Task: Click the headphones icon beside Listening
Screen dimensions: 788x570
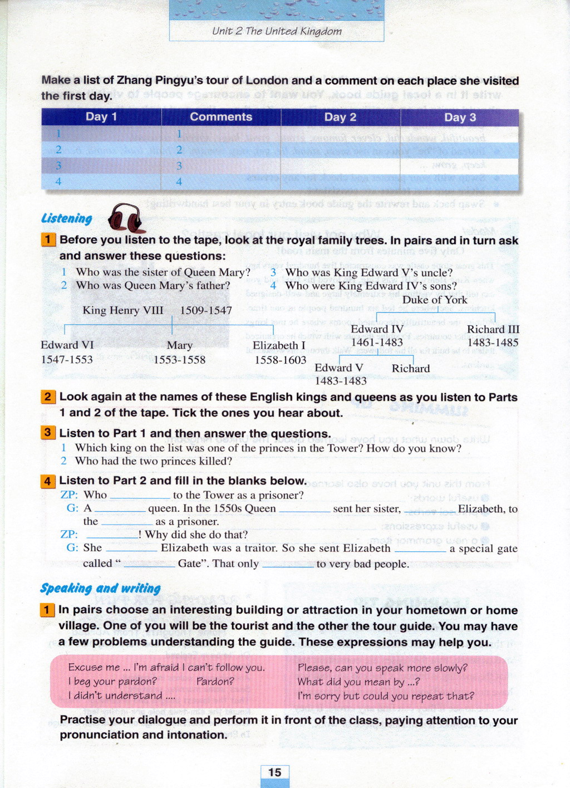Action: pos(126,218)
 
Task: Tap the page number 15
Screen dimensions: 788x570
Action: pos(274,772)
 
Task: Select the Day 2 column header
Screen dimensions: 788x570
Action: pos(340,117)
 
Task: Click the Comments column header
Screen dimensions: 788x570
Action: pos(221,117)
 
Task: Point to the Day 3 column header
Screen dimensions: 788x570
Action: pos(460,118)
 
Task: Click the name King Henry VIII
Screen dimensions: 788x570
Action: pos(123,310)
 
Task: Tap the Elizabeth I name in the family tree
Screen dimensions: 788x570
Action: pos(279,345)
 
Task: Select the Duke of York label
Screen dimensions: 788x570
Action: pos(435,300)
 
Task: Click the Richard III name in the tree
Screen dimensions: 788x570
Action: pos(493,329)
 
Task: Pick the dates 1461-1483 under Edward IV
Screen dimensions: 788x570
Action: pos(377,342)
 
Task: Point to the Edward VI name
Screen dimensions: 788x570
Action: pos(67,345)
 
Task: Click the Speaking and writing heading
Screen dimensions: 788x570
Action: pos(100,588)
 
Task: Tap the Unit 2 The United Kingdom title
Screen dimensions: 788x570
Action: pos(277,31)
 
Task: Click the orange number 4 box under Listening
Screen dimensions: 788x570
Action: pos(48,481)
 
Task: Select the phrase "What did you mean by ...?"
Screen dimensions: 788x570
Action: pos(358,682)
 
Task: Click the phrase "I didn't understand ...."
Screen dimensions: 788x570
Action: pos(121,696)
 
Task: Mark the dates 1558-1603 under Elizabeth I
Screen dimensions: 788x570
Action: pos(280,360)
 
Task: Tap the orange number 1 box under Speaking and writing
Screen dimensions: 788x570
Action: pos(48,610)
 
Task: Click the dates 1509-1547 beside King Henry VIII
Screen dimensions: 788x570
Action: pos(206,310)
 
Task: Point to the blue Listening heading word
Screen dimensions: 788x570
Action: pos(67,218)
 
